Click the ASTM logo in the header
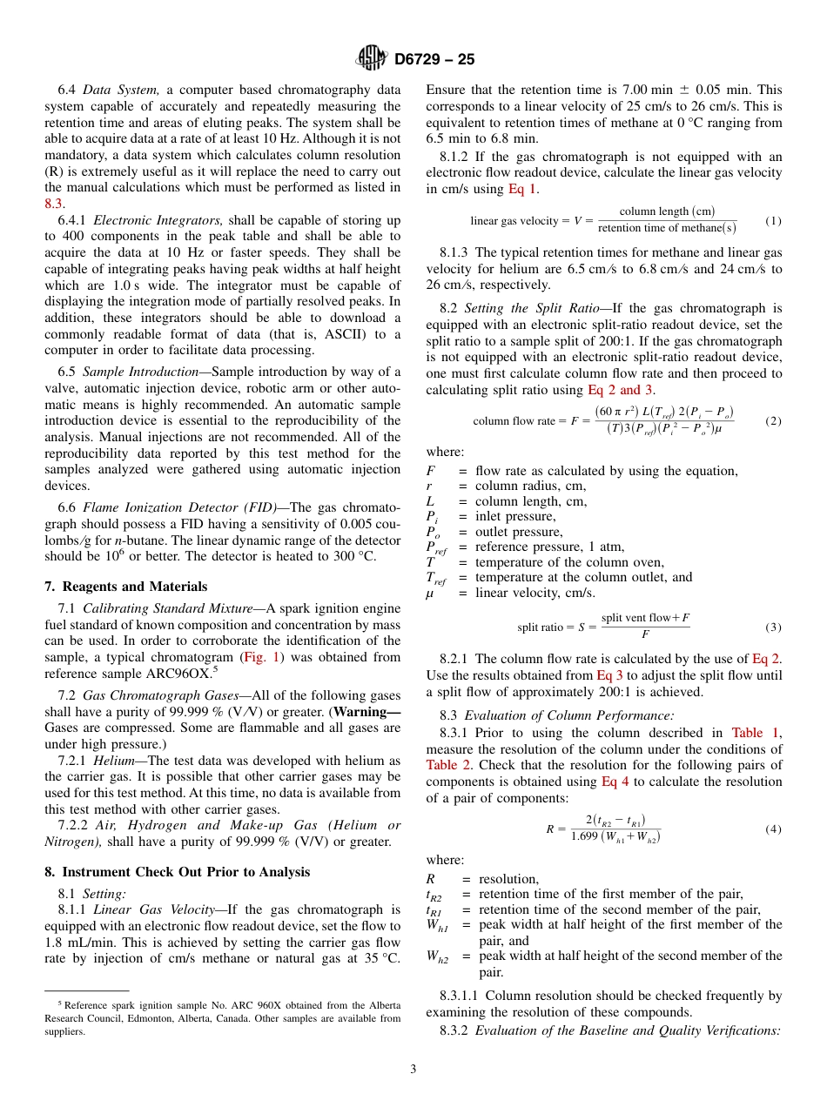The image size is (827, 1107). coord(373,59)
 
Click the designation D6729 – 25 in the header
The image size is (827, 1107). coord(434,60)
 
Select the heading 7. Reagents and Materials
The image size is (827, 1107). coord(126,587)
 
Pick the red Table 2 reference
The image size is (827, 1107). coord(448,765)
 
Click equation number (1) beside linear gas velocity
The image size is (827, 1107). coord(773,221)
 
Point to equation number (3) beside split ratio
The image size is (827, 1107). coord(773,627)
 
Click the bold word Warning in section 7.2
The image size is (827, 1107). coord(367,712)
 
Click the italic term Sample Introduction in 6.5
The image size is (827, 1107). coord(140,372)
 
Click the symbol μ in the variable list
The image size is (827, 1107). coord(429,594)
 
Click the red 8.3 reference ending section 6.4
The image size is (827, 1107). coord(53,203)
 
